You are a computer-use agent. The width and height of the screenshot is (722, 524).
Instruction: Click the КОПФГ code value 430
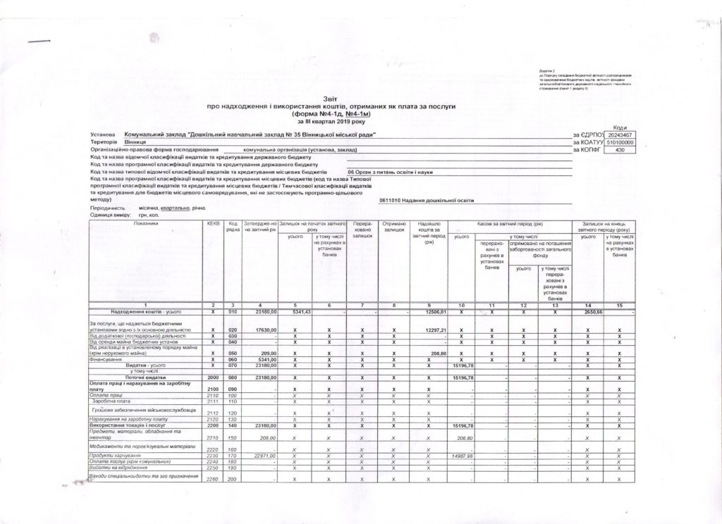[620, 150]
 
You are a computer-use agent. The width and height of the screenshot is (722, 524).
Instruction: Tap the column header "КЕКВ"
[212, 224]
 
